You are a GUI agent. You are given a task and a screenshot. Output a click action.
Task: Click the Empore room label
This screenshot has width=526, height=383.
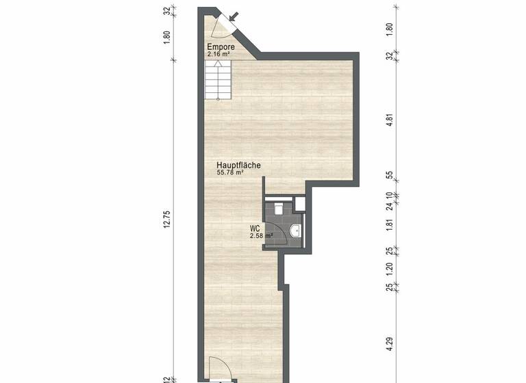pyautogui.click(x=221, y=47)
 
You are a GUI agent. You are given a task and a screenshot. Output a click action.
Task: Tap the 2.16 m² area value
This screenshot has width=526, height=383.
pyautogui.click(x=220, y=53)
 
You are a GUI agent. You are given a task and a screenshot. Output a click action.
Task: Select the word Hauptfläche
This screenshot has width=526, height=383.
pyautogui.click(x=238, y=166)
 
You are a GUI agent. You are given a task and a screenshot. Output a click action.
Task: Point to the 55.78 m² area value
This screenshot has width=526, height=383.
pyautogui.click(x=230, y=173)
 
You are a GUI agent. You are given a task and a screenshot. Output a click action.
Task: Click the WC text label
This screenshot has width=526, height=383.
pyautogui.click(x=254, y=228)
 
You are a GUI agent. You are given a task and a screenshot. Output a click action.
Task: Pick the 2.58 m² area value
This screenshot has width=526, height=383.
pyautogui.click(x=262, y=236)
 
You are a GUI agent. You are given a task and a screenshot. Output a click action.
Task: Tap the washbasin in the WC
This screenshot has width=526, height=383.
pyautogui.click(x=295, y=231)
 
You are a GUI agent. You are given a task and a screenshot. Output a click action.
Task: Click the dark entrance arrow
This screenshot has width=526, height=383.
pyautogui.click(x=234, y=16)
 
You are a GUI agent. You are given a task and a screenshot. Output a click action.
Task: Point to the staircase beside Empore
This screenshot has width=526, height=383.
pyautogui.click(x=217, y=79)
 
